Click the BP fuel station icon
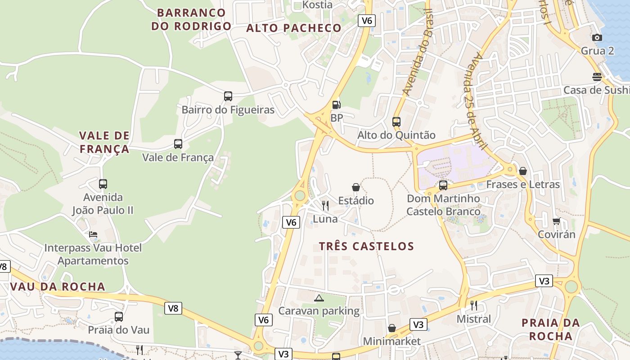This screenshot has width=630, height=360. coord(336,105)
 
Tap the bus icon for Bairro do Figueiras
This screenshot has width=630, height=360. coord(228,96)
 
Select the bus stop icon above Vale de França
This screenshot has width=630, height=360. coord(178,144)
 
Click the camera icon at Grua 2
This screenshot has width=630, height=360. coord(597,37)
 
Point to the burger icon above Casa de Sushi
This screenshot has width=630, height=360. coord(597,77)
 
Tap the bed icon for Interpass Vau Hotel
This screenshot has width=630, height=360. coord(93,234)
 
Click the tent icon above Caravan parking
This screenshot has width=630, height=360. coord(319,297)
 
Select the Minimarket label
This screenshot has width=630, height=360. coord(391,341)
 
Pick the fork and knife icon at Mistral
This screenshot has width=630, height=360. coord(473,306)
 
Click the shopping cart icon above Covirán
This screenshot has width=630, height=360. coord(557,221)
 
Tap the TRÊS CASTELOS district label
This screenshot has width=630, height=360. coord(366,246)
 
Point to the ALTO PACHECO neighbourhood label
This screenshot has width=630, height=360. coord(294,28)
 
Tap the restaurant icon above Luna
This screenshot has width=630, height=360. coord(325,206)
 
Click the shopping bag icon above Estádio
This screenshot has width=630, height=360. coord(356,187)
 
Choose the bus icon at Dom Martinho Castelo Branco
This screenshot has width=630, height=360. coord(443,185)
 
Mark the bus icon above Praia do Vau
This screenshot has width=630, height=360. coord(119,316)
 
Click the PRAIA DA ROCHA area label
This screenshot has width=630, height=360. coord(550,329)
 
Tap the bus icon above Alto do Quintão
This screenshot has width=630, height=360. coord(396,121)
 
